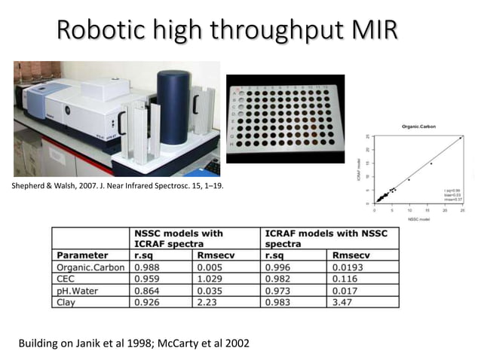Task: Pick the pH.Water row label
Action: (x=78, y=290)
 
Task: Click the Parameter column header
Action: (x=82, y=255)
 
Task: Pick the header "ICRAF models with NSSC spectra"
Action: (x=326, y=239)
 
